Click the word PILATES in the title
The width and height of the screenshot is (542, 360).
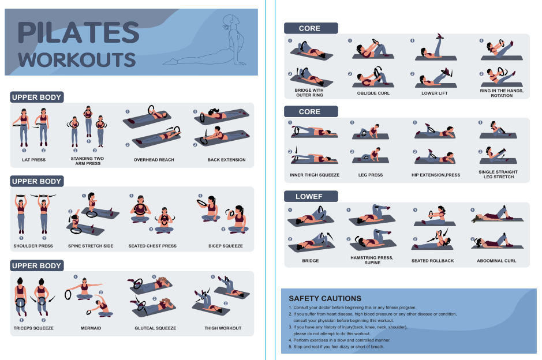pyautogui.click(x=79, y=32)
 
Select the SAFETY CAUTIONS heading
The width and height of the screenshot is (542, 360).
pyautogui.click(x=325, y=298)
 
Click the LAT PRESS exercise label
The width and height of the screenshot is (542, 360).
pyautogui.click(x=34, y=160)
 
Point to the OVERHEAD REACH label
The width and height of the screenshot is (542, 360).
pyautogui.click(x=154, y=160)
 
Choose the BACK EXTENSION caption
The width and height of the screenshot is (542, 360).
pyautogui.click(x=226, y=160)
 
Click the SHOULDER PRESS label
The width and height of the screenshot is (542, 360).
pyautogui.click(x=33, y=246)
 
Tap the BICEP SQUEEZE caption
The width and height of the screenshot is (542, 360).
pyautogui.click(x=225, y=246)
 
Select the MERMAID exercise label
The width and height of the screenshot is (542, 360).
pyautogui.click(x=91, y=328)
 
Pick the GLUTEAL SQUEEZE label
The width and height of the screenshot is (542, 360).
pyautogui.click(x=155, y=328)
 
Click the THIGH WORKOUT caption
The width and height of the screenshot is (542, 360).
pyautogui.click(x=223, y=328)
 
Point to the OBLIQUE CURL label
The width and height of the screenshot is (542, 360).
pyautogui.click(x=373, y=93)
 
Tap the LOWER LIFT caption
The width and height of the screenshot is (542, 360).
pyautogui.click(x=435, y=93)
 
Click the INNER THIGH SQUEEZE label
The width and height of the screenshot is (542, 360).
pyautogui.click(x=315, y=175)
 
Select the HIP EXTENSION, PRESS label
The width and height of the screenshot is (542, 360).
pyautogui.click(x=436, y=175)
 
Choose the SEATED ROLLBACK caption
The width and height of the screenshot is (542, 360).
pyautogui.click(x=432, y=261)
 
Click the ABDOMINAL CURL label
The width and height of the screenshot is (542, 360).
pyautogui.click(x=496, y=261)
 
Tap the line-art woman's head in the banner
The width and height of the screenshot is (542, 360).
pyautogui.click(x=230, y=21)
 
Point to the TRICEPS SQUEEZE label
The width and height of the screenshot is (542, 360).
pyautogui.click(x=33, y=328)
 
